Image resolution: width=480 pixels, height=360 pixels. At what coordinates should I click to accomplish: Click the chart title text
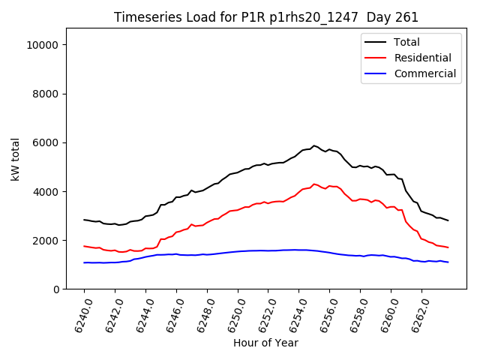(266, 17)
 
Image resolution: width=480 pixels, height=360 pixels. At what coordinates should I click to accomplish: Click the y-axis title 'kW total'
(16, 159)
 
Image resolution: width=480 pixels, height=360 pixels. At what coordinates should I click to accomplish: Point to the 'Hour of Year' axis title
(265, 343)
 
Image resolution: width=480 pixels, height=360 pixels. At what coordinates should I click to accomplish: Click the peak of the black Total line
(314, 145)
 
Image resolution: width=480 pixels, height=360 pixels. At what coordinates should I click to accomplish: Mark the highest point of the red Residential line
(314, 184)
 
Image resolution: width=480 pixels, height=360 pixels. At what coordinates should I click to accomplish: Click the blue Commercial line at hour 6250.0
(238, 251)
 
